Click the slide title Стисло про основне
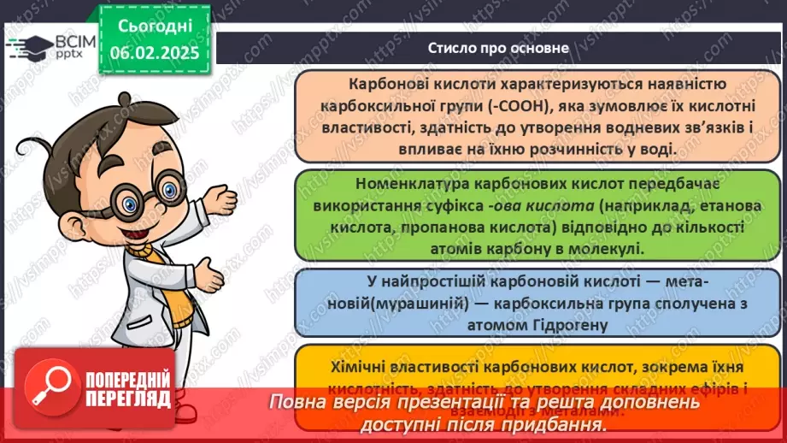[x=498, y=48]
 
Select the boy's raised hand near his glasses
[x=225, y=201]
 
